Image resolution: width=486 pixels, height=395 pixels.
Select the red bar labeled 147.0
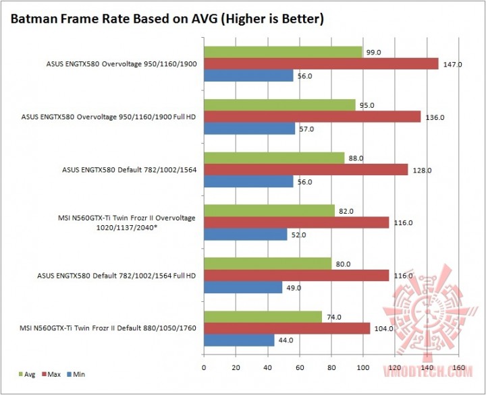(321, 64)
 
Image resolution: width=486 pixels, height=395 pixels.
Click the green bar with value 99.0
(283, 52)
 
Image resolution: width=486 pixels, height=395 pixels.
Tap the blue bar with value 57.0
(249, 129)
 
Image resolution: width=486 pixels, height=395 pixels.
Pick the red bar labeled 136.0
(312, 117)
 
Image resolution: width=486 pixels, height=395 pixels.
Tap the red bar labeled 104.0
(287, 328)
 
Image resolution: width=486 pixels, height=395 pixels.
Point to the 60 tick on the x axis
(299, 368)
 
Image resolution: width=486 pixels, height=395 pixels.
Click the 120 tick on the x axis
(395, 368)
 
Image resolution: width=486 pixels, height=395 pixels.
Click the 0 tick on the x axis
(204, 368)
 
